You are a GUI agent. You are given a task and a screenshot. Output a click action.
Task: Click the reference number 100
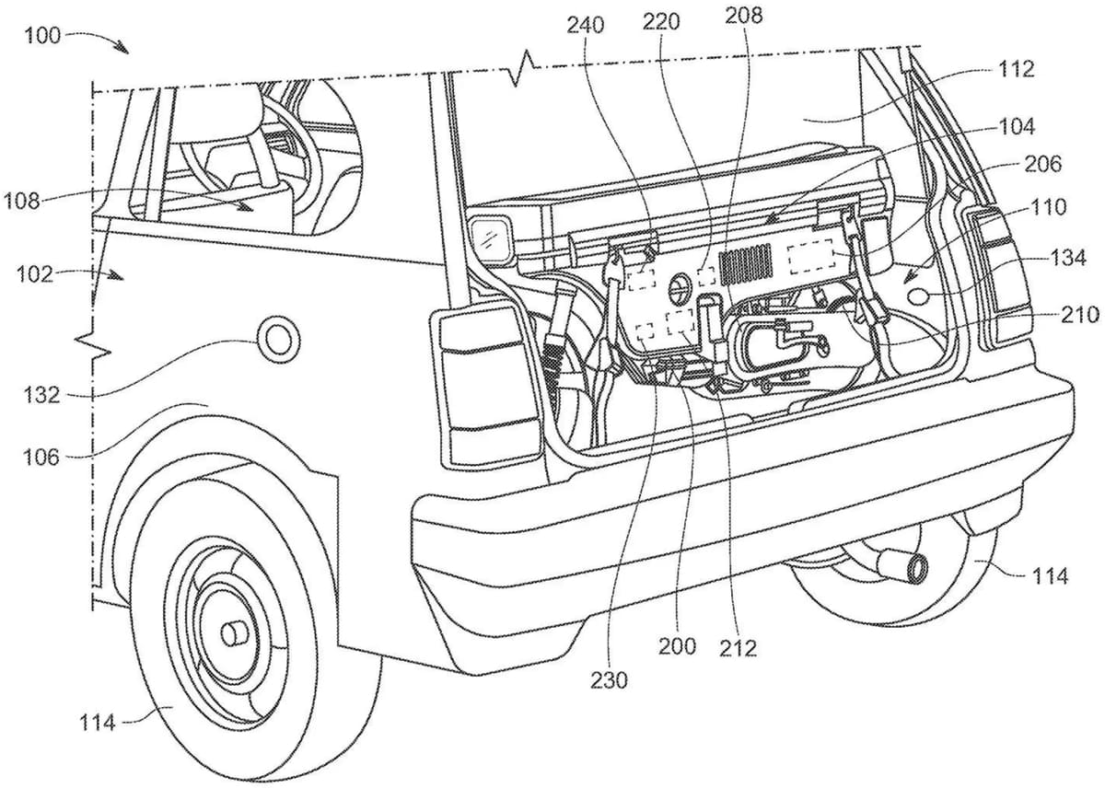[x=42, y=36]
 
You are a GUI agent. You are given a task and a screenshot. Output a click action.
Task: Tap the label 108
[x=22, y=200]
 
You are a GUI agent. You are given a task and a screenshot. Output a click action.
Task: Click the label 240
[x=586, y=25]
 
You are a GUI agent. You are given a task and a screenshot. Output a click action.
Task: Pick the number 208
[x=743, y=16]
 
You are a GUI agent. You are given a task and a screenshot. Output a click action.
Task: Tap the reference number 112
[x=1015, y=69]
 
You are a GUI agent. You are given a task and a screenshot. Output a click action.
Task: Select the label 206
[x=1042, y=165]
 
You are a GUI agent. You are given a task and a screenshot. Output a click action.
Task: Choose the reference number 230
[x=610, y=680]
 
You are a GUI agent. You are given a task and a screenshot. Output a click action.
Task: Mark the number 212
[x=739, y=649]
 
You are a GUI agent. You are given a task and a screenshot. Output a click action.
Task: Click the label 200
[x=677, y=645]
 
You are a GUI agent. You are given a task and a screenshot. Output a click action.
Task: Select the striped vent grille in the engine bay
[x=748, y=264]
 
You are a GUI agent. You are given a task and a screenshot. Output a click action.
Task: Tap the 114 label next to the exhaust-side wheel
[x=1051, y=576]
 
